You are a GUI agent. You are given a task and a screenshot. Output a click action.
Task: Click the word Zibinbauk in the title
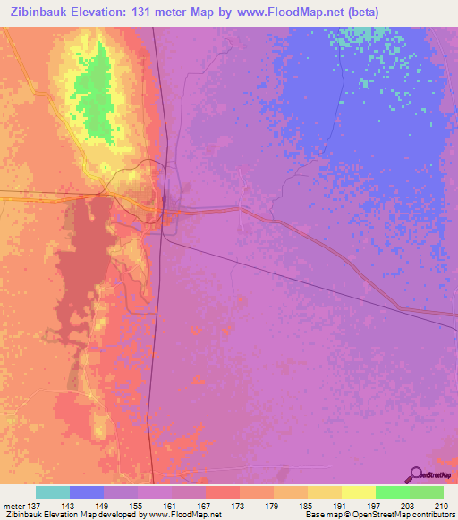pyautogui.click(x=47, y=13)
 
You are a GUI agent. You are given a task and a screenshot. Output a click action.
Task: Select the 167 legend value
pyautogui.click(x=205, y=505)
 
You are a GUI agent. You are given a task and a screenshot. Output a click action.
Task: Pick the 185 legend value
pyautogui.click(x=307, y=505)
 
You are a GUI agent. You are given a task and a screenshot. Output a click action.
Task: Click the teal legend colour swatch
pyautogui.click(x=53, y=492)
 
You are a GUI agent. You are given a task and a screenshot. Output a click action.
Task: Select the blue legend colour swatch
pyautogui.click(x=87, y=492)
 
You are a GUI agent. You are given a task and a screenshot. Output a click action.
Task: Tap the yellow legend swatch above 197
pyautogui.click(x=358, y=492)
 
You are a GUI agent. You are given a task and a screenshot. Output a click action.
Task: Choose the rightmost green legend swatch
pyautogui.click(x=426, y=492)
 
